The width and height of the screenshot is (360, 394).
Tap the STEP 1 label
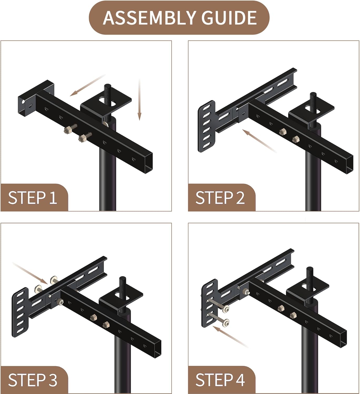click(32, 198)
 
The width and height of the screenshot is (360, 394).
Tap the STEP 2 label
click(220, 198)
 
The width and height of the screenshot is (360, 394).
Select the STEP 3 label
click(32, 380)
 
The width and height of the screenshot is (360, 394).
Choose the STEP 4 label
click(220, 380)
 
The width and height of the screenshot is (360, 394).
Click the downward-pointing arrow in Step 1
click(139, 100)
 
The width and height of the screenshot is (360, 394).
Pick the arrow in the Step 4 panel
click(230, 337)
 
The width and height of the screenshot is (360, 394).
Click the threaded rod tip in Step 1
click(108, 87)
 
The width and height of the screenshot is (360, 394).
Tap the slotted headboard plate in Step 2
click(206, 126)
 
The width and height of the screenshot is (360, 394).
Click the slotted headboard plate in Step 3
click(20, 313)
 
